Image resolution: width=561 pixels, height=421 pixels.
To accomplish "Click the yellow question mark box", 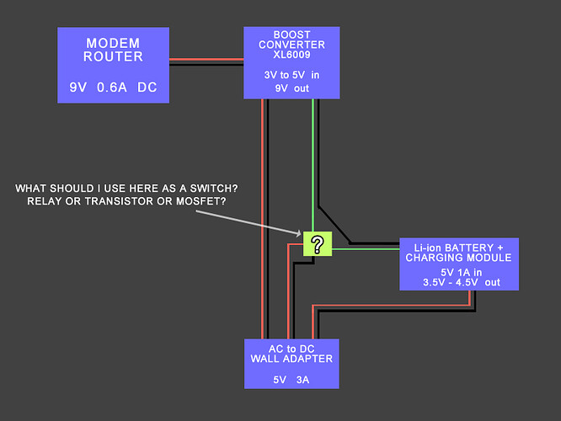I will (317, 244).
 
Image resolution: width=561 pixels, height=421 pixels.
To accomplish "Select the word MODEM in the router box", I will (114, 44).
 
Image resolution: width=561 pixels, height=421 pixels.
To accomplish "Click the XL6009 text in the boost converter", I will (291, 55).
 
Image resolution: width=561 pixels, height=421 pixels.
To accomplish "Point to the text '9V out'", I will (291, 87).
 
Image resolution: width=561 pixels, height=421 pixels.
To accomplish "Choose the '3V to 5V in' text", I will (291, 74).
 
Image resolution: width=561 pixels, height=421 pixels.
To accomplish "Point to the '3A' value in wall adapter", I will (302, 380).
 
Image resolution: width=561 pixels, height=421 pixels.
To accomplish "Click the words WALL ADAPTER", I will (291, 359).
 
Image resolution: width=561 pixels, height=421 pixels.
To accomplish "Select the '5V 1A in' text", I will (462, 272).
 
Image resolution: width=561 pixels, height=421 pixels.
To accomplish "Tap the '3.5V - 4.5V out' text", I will (462, 283).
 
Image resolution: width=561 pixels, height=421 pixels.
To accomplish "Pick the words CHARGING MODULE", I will (458, 257).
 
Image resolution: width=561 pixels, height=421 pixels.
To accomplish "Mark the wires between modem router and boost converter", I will (207, 61).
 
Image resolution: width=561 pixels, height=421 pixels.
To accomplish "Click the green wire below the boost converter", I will (313, 152).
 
